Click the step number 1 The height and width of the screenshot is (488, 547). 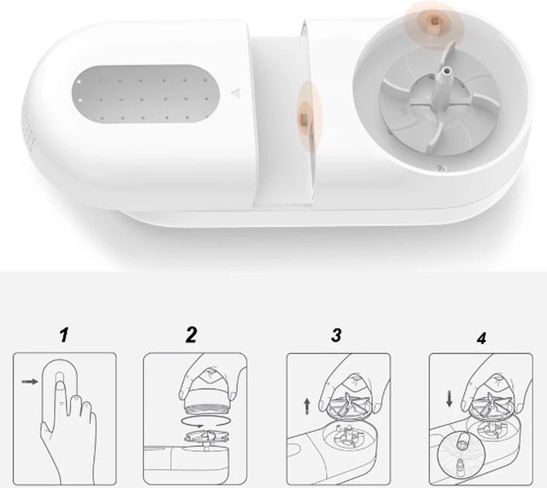64,335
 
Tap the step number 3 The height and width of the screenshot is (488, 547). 336,335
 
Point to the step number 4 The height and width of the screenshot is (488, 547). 481,338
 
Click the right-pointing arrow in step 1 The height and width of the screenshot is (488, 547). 30,382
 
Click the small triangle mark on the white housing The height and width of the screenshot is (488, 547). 234,93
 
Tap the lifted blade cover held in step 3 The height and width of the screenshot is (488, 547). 350,407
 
